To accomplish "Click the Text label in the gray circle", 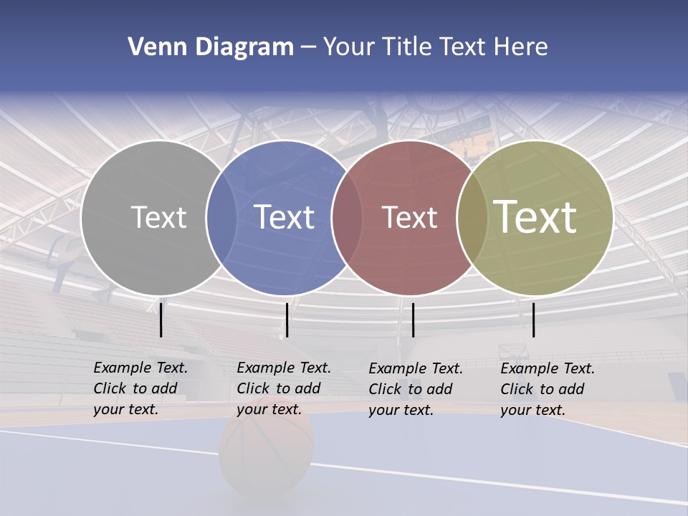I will click(x=158, y=217).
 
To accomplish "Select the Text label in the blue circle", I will click(x=284, y=217).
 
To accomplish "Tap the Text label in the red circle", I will click(x=409, y=217).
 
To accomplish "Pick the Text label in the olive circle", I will click(x=535, y=217).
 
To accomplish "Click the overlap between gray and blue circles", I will click(x=221, y=218).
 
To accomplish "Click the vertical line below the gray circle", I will click(x=161, y=320).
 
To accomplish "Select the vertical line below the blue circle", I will click(x=287, y=320).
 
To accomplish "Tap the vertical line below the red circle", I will click(x=413, y=320).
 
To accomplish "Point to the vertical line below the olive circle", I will click(x=534, y=320).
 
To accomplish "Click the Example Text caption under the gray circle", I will click(x=140, y=388).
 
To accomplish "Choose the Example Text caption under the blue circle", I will click(x=283, y=388).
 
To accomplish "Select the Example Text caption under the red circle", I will click(x=415, y=389).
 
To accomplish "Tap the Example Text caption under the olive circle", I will click(x=547, y=389).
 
